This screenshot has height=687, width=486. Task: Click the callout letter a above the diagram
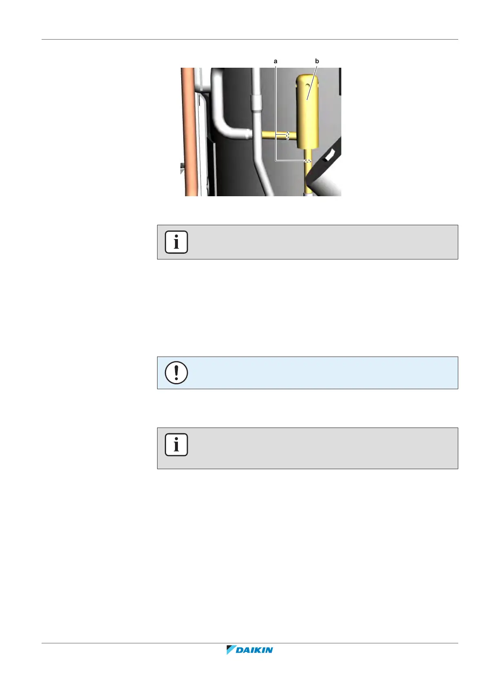275,61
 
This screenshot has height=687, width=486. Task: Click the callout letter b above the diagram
317,61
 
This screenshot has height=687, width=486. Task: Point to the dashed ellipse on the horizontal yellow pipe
288,135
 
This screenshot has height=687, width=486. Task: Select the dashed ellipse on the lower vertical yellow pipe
307,161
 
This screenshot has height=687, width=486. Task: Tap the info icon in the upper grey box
176,242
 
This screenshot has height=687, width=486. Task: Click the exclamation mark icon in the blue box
176,372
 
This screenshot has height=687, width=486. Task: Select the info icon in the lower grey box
176,444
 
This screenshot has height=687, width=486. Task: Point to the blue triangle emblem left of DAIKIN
231,649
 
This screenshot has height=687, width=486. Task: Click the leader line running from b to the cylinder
312,82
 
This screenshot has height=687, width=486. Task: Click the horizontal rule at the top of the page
250,40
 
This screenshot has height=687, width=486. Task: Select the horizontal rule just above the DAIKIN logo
250,643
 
